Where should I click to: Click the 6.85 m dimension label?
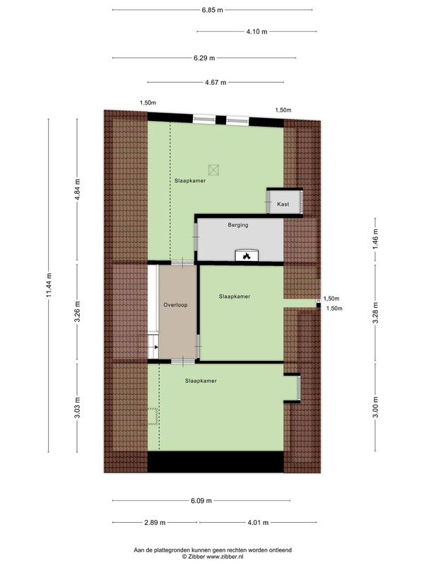(213, 10)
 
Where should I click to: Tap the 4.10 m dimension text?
(257, 32)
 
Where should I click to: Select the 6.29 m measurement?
(204, 58)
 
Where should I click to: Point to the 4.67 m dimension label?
(216, 82)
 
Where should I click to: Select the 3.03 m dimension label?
(77, 408)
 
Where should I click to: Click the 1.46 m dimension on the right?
(375, 239)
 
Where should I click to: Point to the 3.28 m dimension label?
(375, 313)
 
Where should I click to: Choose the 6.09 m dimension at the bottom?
(201, 501)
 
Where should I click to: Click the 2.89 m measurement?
(155, 522)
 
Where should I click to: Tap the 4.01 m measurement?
(258, 522)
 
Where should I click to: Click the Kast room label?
(283, 204)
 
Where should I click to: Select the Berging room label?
(238, 225)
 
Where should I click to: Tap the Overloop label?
(175, 305)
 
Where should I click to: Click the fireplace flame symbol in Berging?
(247, 256)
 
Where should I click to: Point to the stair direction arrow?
(156, 347)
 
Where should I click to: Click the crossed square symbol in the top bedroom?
(213, 170)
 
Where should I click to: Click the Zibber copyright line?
(213, 557)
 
